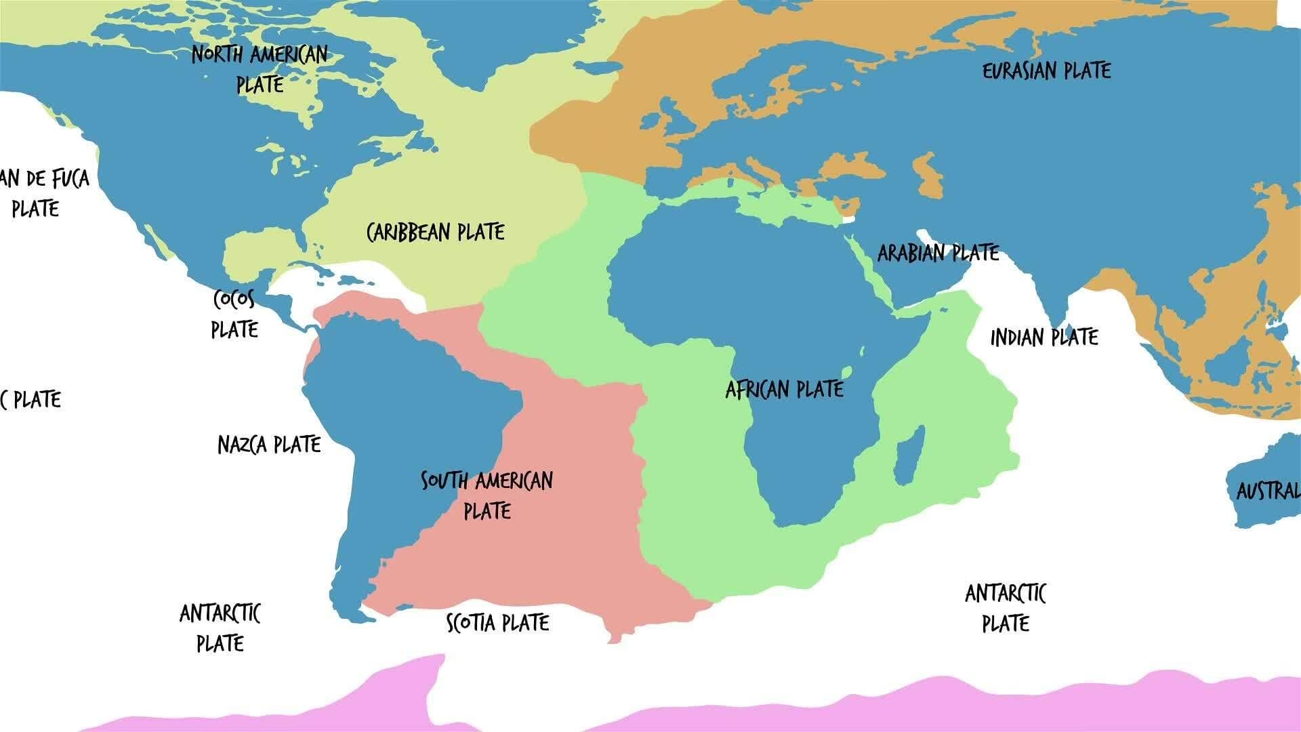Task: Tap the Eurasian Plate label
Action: [x=1046, y=71]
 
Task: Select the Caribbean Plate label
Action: [x=436, y=232]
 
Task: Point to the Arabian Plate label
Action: [x=938, y=253]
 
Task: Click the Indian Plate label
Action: [x=1044, y=338]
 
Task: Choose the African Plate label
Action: [x=784, y=390]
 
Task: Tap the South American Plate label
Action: [x=487, y=495]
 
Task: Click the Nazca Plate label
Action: [x=269, y=445]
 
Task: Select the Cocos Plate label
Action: [x=234, y=314]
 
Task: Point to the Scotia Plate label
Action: [x=498, y=623]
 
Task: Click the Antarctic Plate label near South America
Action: [x=220, y=628]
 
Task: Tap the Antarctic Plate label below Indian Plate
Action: [x=1006, y=608]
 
